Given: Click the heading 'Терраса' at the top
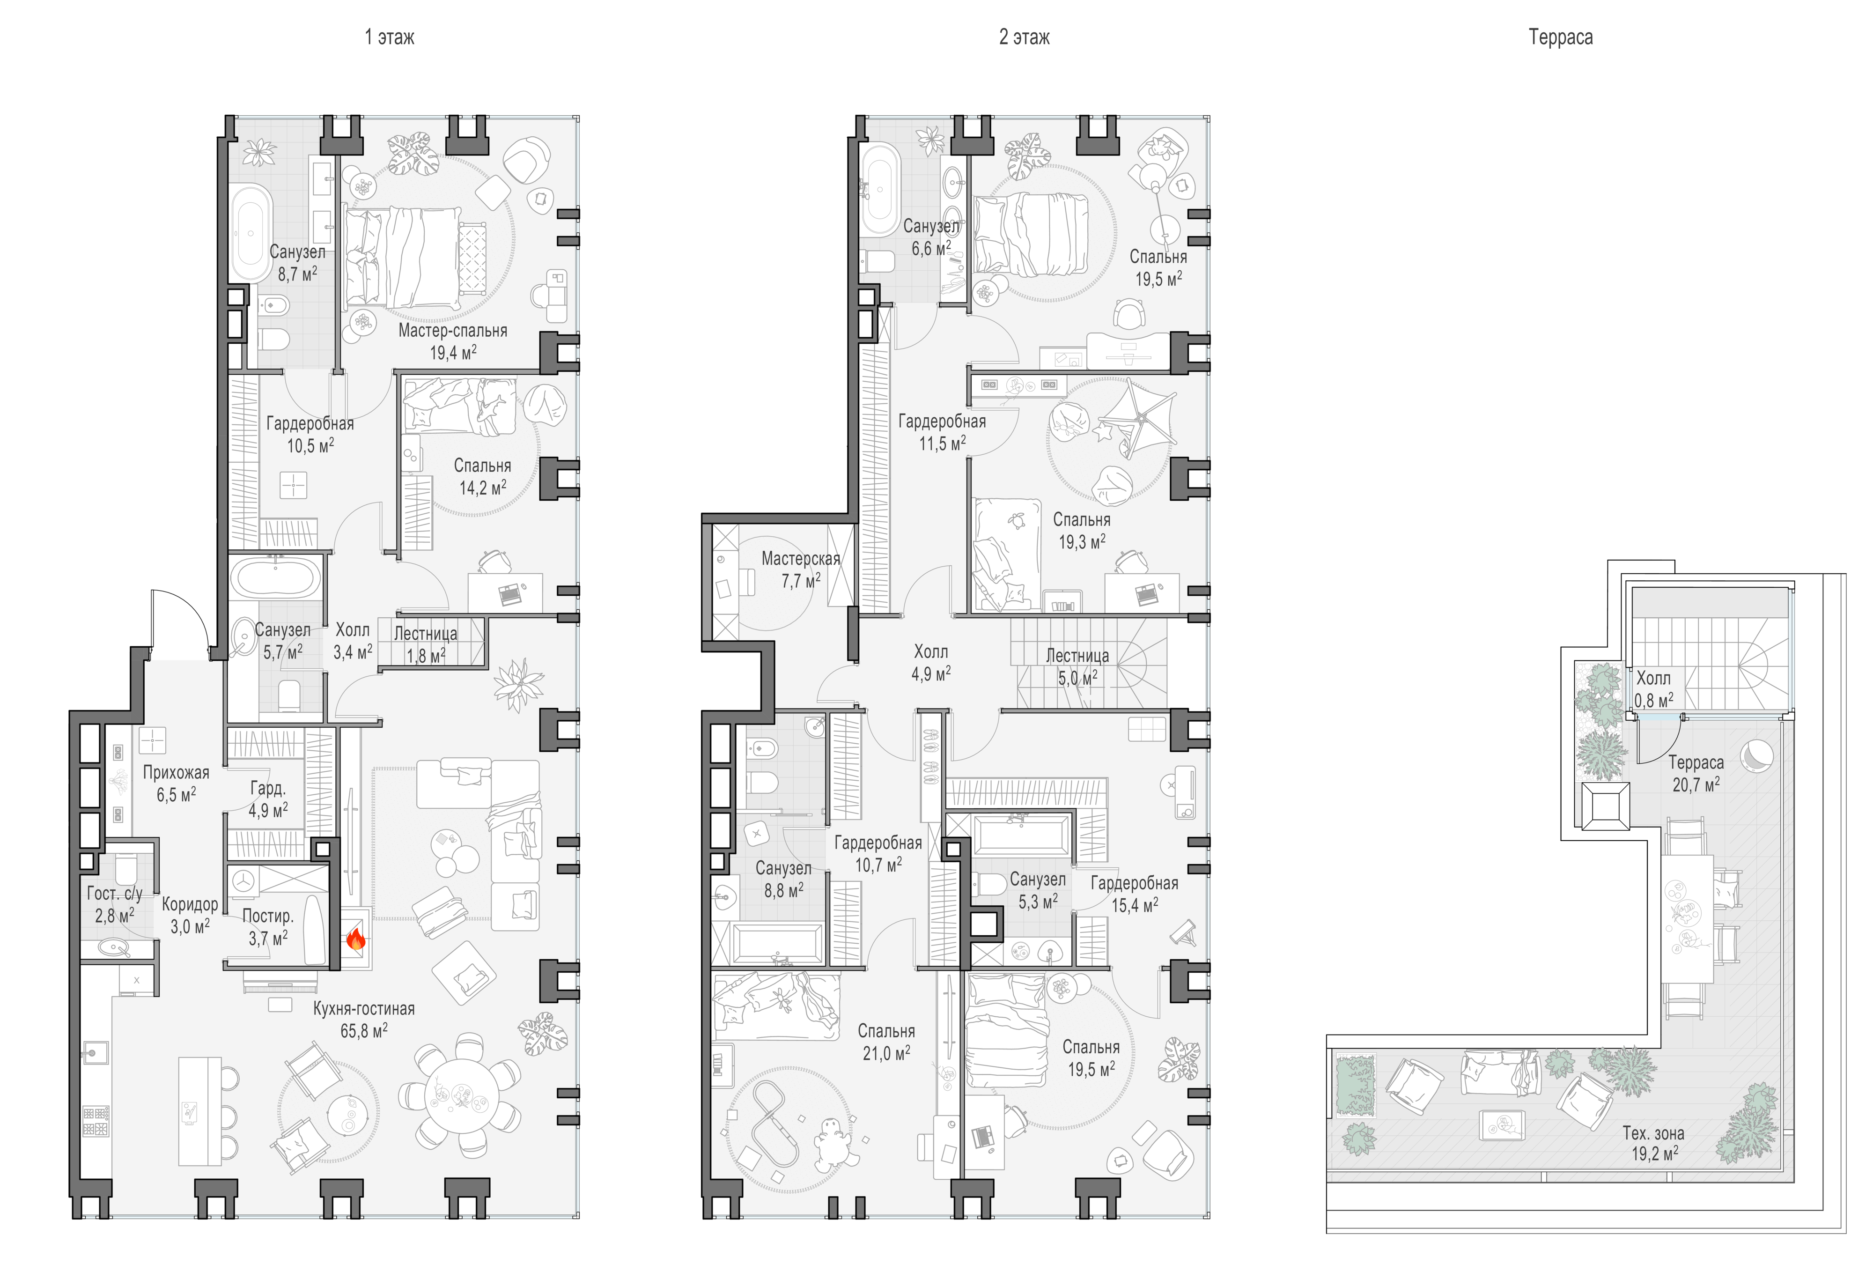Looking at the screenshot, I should click(1560, 37).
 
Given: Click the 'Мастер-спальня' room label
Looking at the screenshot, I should click(452, 331).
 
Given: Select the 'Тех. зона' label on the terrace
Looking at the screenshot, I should click(1653, 1133).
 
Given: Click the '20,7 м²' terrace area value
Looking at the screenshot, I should click(1696, 784).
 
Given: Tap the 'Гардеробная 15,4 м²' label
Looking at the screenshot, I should click(1134, 894).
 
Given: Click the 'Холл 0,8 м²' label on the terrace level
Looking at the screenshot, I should click(1653, 689).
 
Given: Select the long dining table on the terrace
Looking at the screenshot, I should click(1686, 919).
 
